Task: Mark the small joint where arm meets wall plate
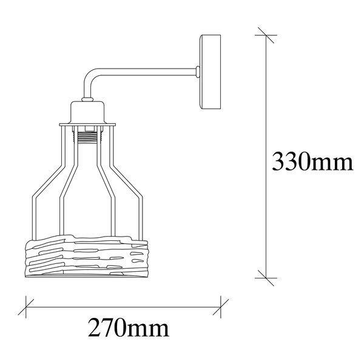coord(198,73)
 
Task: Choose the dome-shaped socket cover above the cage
coord(90,113)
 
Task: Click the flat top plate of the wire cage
coord(90,126)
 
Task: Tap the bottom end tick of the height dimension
coord(262,276)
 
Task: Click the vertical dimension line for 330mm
coord(262,109)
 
